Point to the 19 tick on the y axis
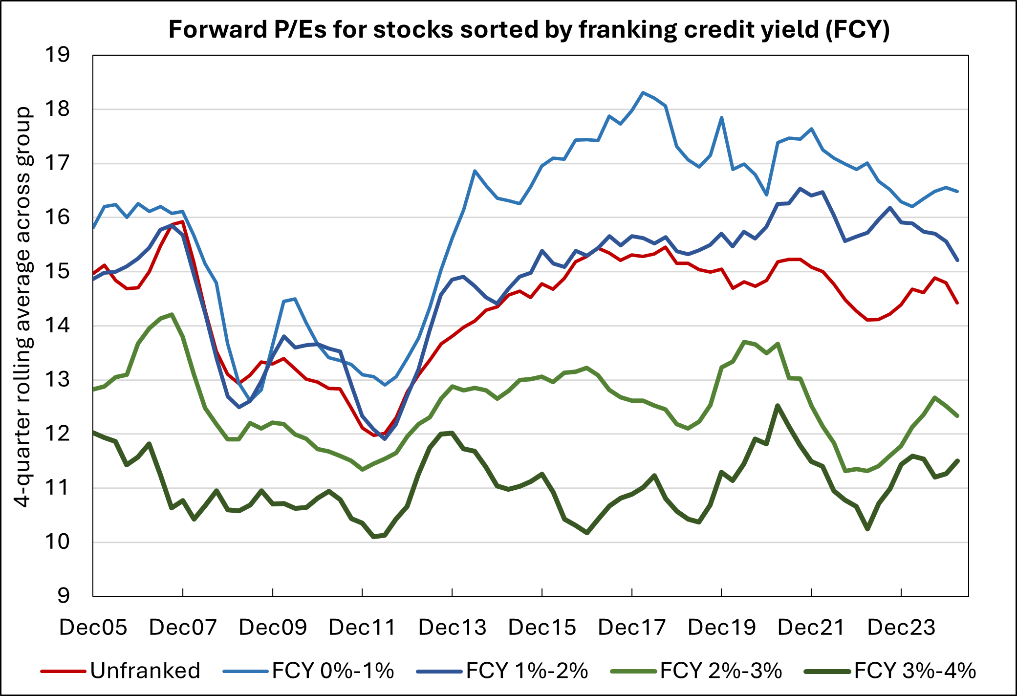57,55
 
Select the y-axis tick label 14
57,326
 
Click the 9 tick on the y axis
64,596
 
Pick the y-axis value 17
57,163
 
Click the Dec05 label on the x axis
93,627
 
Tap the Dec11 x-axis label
362,627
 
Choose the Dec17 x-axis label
632,627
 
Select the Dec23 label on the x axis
901,627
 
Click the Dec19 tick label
722,627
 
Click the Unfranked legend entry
145,671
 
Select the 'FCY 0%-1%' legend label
333,671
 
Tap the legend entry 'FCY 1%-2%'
527,671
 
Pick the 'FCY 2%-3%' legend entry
721,671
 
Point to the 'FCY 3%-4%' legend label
915,671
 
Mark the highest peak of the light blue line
643,92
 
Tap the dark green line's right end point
958,460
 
